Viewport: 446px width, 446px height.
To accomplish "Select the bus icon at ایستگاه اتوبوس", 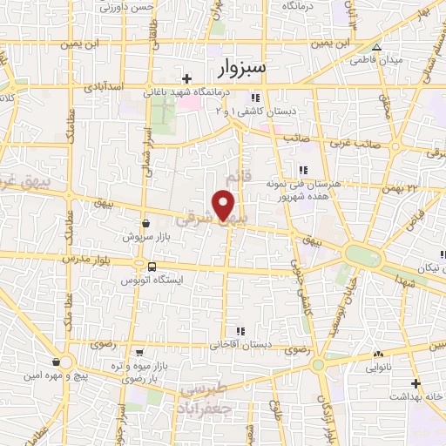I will point(152,267).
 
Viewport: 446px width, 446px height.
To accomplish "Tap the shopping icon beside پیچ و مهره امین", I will point(57,362).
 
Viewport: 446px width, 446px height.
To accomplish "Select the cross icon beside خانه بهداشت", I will point(416,383).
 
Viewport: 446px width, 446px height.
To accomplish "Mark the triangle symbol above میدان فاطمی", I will point(376,48).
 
